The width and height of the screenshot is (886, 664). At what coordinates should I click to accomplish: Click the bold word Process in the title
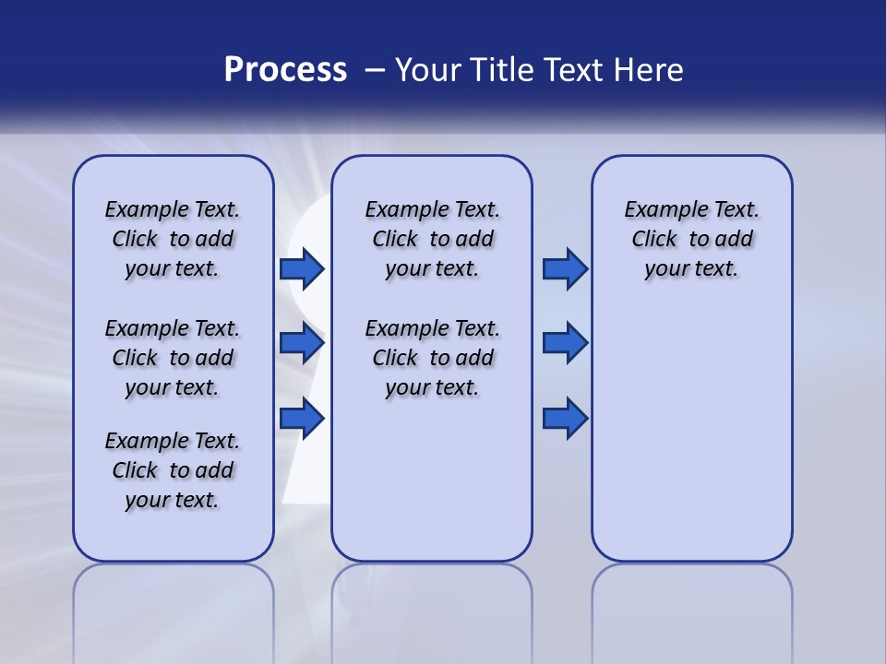(x=285, y=70)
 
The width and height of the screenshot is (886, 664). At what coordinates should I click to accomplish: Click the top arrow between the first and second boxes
(x=302, y=268)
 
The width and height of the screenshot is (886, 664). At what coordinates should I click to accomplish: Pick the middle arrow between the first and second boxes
(x=302, y=343)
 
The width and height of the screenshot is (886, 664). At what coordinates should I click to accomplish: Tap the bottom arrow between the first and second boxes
(x=302, y=419)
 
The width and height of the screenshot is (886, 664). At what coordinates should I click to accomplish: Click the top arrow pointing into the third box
(x=565, y=268)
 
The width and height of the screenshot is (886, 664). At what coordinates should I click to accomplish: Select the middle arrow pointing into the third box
(x=565, y=343)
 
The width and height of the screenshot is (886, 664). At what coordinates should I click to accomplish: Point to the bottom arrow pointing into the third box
(x=565, y=419)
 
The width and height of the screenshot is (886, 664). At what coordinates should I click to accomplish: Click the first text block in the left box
(x=173, y=239)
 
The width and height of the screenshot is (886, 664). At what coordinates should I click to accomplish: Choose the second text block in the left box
(x=173, y=358)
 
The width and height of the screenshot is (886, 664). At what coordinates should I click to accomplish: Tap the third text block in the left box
(x=173, y=470)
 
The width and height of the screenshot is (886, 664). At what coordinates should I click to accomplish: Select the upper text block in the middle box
(x=432, y=239)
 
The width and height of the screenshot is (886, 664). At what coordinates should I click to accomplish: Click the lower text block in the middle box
(x=432, y=358)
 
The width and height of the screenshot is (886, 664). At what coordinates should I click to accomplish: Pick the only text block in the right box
(x=691, y=239)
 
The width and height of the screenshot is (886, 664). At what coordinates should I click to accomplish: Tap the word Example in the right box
(x=660, y=210)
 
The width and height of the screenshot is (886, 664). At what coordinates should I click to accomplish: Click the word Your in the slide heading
(x=429, y=70)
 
